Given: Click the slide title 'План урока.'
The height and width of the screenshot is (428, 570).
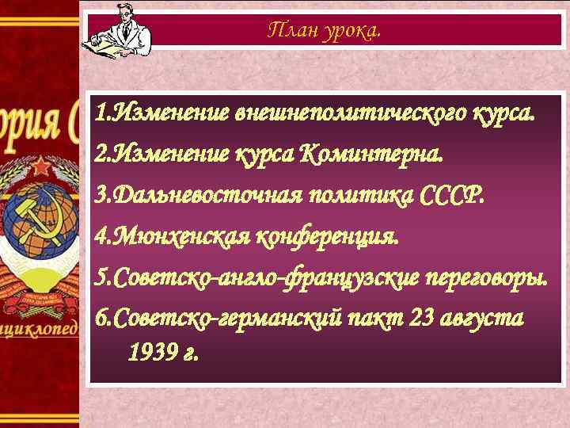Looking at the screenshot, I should (324, 31).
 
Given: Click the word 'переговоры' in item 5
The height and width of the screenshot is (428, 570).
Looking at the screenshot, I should (493, 277).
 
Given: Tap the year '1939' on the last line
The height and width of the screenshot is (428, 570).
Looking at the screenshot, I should (150, 351).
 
